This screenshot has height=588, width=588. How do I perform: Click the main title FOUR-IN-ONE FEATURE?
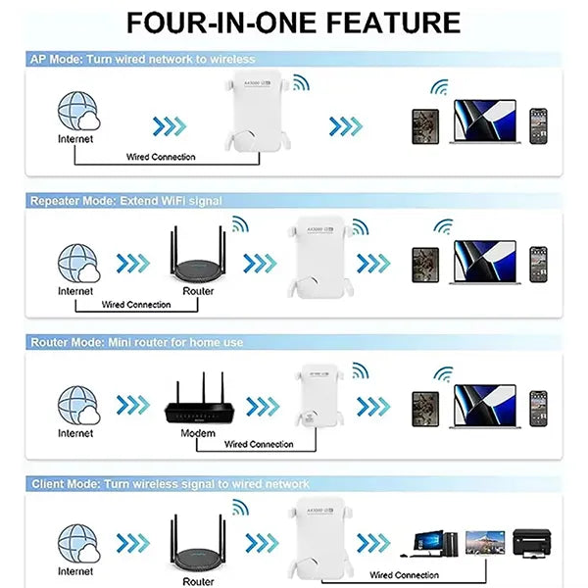(293, 23)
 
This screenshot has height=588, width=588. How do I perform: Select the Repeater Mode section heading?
(125, 201)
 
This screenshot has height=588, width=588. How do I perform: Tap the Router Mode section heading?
(137, 343)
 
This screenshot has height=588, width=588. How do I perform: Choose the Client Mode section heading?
(170, 484)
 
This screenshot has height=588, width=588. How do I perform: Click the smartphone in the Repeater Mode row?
(537, 265)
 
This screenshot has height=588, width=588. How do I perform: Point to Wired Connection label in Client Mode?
(404, 575)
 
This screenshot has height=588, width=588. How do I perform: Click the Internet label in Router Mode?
(75, 432)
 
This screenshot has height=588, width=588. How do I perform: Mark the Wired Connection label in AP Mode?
(161, 157)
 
